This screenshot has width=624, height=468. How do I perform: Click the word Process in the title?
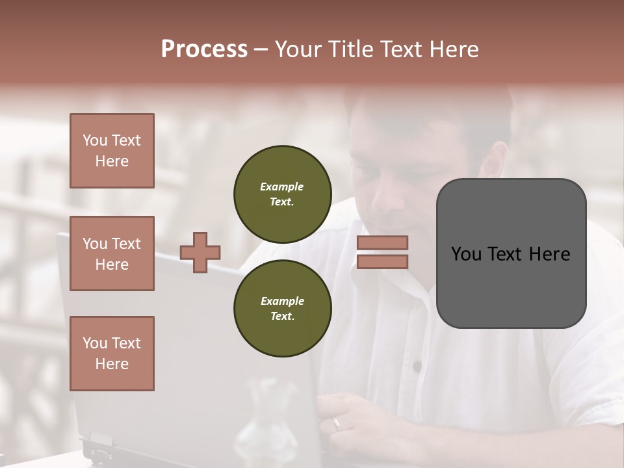204,49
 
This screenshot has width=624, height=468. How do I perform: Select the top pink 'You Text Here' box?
112,151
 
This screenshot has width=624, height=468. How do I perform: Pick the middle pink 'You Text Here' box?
112,253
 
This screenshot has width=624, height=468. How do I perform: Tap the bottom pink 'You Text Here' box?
112,354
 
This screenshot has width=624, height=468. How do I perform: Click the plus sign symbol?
200,252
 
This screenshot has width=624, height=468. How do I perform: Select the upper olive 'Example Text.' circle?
282,194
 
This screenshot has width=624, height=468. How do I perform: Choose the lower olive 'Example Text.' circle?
282,309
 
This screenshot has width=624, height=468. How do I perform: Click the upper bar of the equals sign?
382,242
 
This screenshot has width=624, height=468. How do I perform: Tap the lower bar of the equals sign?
382,262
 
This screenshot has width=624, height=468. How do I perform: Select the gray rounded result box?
511,253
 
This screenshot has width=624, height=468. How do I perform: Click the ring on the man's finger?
336,423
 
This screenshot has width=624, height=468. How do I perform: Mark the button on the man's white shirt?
417,367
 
